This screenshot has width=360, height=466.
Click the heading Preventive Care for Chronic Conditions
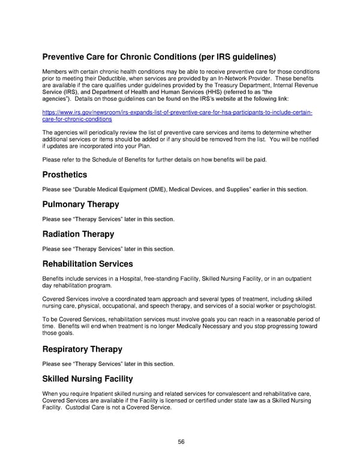point(159,58)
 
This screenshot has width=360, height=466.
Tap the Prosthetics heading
point(64,175)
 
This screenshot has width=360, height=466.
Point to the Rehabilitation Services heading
point(88,263)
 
